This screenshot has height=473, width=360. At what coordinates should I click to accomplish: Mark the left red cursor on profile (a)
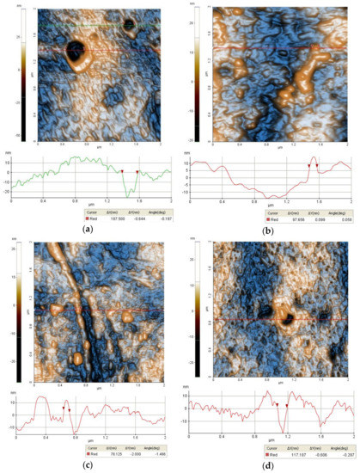(123, 172)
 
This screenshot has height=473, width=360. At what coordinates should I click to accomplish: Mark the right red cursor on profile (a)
(137, 172)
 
